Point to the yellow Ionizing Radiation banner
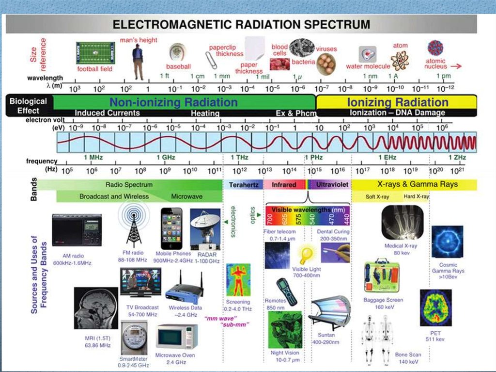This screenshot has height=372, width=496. [x=397, y=102]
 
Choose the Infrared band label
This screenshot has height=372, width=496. [x=284, y=185]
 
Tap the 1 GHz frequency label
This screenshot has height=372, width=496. [x=166, y=157]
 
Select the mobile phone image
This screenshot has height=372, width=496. [x=171, y=228]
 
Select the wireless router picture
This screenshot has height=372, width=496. [x=184, y=291]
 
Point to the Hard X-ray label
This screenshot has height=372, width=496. [x=416, y=197]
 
